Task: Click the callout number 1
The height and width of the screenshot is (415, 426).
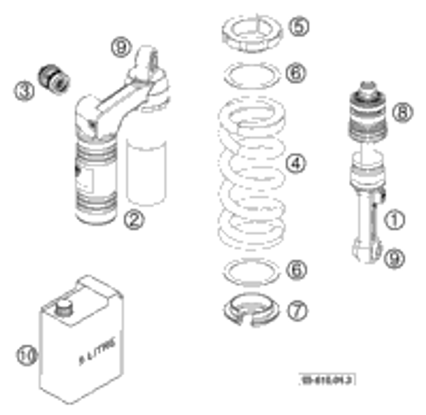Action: [x=394, y=220]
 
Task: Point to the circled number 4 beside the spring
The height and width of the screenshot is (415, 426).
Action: [x=297, y=163]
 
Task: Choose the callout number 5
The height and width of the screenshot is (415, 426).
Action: [x=298, y=27]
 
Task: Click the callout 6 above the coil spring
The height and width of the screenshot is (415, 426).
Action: [x=297, y=72]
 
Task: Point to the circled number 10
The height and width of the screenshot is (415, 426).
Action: [x=25, y=356]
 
